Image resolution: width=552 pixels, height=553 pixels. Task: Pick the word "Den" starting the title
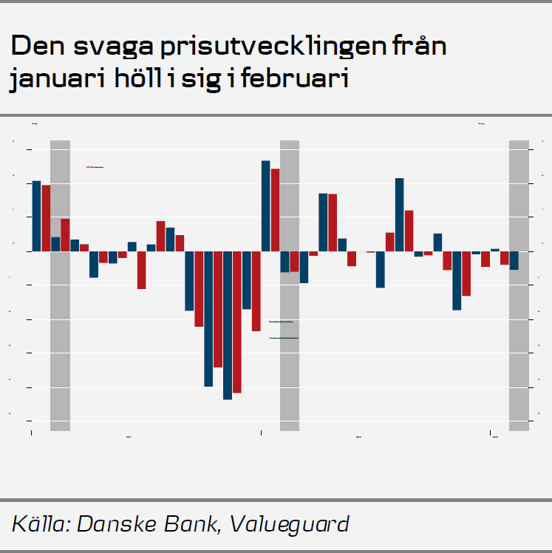point(35,47)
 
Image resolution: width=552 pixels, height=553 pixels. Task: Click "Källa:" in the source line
point(40,524)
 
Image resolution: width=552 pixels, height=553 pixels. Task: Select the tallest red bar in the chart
point(275,210)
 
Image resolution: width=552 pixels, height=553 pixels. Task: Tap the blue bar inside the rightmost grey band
point(514,260)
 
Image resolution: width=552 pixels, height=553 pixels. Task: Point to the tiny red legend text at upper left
point(95,167)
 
